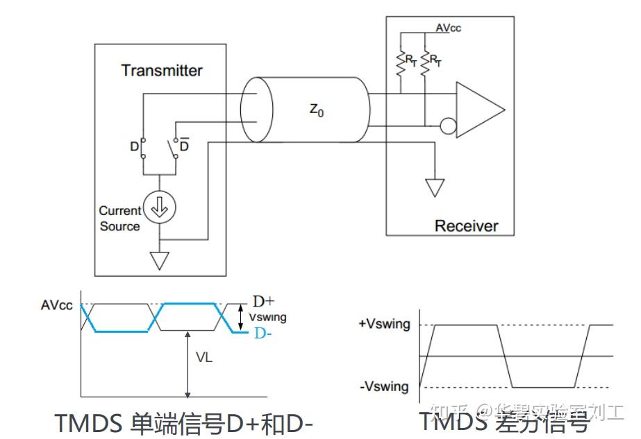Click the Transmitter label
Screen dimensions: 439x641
[x=162, y=70]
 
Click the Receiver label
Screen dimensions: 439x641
[x=466, y=225]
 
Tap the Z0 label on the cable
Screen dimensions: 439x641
[x=316, y=110]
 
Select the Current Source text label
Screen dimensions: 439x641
[x=119, y=218]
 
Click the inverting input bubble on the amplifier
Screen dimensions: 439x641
[x=447, y=127]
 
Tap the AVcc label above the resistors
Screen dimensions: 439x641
[x=448, y=28]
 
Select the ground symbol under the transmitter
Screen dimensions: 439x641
[x=160, y=260]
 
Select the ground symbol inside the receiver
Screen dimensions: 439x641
[x=435, y=187]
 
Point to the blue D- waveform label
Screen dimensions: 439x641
[x=263, y=334]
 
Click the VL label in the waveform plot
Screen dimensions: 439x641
[x=204, y=359]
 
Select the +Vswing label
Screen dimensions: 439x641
[x=385, y=324]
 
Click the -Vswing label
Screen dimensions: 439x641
[x=385, y=386]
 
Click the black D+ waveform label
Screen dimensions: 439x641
[x=263, y=302]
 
